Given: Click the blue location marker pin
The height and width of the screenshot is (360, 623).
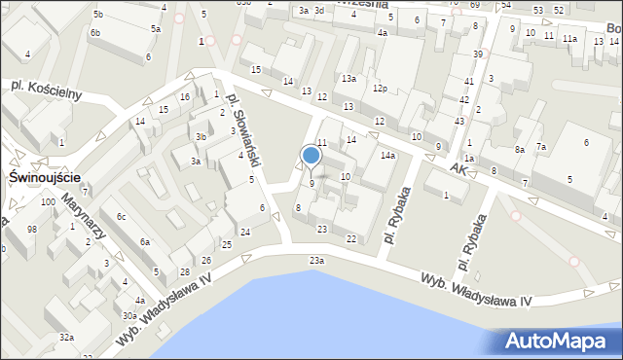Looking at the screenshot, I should pos(311,156).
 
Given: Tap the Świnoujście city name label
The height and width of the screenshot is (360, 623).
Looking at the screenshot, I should pos(43,179).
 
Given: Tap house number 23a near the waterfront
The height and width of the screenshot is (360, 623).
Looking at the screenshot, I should pos(316,261).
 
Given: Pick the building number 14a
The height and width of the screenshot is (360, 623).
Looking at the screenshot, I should pos(387,156).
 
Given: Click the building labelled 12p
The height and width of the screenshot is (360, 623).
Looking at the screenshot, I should pos(380,89).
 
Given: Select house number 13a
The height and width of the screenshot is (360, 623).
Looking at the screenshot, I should pos(348,78).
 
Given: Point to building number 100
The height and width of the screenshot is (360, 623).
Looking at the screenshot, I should pos(47,201).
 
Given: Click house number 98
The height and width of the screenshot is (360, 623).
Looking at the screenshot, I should pos(31,229).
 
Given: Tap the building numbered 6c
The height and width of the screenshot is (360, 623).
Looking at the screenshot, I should pos(122,216).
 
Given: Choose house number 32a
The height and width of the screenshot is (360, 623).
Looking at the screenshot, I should pos(66,337).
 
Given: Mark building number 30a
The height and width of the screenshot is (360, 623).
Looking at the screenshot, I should pos(128,315).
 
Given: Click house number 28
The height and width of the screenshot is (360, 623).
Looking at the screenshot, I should pos(184,271).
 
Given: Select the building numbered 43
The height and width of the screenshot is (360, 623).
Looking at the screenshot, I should pos(458,120).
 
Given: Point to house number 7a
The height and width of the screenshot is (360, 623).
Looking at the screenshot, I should pos(540,147).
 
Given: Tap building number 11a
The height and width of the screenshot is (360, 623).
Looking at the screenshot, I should pos(569,38).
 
